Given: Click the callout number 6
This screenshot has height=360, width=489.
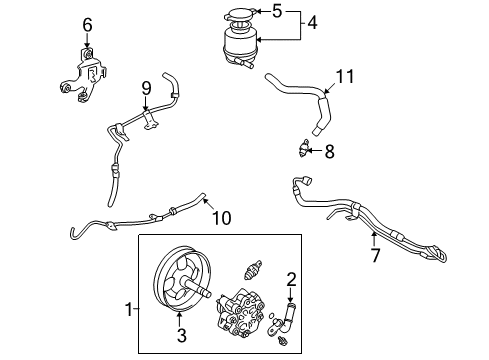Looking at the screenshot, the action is click(x=87, y=25).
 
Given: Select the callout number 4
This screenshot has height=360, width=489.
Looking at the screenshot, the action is click(x=312, y=23).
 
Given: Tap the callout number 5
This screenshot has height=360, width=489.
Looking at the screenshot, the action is click(x=277, y=11).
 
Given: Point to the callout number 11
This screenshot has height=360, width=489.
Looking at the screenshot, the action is click(x=345, y=76).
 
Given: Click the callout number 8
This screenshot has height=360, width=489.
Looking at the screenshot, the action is click(x=329, y=152).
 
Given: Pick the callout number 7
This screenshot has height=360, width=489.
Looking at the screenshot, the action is click(x=376, y=255).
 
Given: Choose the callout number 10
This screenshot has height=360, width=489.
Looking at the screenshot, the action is click(x=222, y=218).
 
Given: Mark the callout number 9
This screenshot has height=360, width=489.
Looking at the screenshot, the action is click(x=146, y=89).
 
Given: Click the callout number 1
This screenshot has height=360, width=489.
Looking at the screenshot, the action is click(x=129, y=310).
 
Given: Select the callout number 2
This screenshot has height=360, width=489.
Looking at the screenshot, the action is click(x=291, y=279).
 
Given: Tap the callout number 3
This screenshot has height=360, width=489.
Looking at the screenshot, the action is click(x=181, y=335).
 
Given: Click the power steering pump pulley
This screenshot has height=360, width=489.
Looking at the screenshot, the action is click(x=183, y=279).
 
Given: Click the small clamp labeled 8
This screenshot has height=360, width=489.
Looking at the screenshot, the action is click(x=303, y=149).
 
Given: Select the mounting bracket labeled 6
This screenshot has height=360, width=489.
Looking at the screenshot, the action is click(x=84, y=76).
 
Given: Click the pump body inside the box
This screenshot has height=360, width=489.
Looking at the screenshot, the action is click(x=241, y=312).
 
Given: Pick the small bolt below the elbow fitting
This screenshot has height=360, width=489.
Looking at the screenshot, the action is click(x=283, y=340).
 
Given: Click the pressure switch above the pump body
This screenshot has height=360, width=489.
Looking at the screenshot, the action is click(x=252, y=270).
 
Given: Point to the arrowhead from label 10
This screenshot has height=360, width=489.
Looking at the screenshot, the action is click(x=205, y=200).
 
